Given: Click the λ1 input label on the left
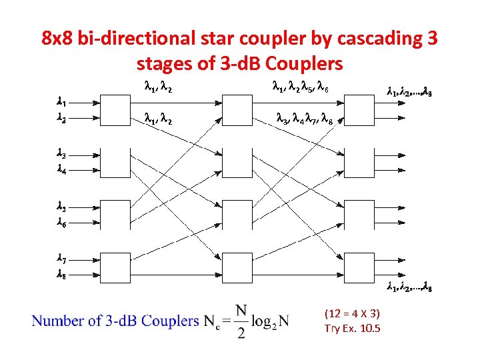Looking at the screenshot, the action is click(60, 103).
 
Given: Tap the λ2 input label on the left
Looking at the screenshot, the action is click(60, 119).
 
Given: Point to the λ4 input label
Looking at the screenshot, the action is click(60, 170).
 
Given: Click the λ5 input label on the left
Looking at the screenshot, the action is click(60, 207).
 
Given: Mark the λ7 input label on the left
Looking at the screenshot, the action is click(60, 258).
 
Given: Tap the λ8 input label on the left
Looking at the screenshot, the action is click(60, 273).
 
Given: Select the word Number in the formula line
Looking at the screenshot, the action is click(57, 321).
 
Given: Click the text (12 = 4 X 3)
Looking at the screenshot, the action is click(352, 313).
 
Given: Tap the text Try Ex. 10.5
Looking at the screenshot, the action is click(352, 328).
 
